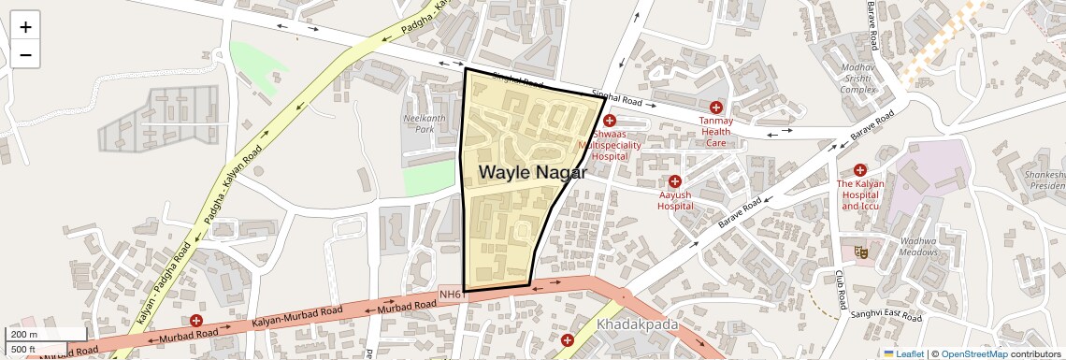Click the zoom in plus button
(x=25, y=27)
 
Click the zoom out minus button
(x=25, y=55)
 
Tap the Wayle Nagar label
(x=533, y=173)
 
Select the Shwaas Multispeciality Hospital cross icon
(x=610, y=121)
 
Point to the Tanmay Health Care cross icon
(x=716, y=108)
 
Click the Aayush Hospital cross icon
(x=674, y=180)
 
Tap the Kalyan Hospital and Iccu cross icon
(x=859, y=170)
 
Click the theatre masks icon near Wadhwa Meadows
(x=858, y=252)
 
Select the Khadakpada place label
(x=637, y=324)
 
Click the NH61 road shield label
(x=452, y=295)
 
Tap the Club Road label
(x=841, y=290)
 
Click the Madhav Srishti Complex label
(x=857, y=79)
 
